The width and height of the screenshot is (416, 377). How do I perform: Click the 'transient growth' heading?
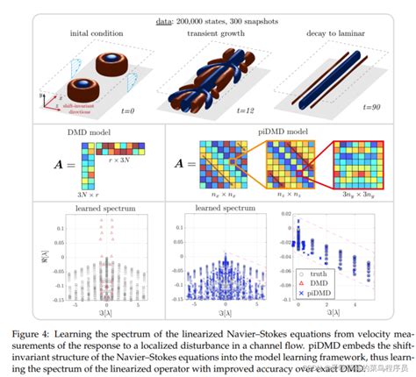[x=206, y=34]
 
